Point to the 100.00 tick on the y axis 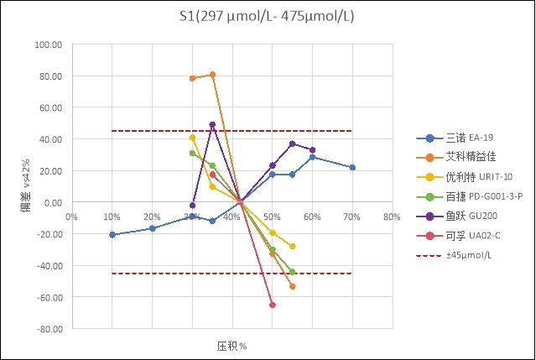(50, 44)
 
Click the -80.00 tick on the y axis (50, 329)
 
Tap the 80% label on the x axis (391, 216)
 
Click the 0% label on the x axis (73, 216)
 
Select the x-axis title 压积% (232, 346)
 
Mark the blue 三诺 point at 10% (112, 235)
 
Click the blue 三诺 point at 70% (352, 168)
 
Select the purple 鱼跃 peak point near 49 (212, 125)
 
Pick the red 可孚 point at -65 (272, 305)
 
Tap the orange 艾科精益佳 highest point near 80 (212, 75)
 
